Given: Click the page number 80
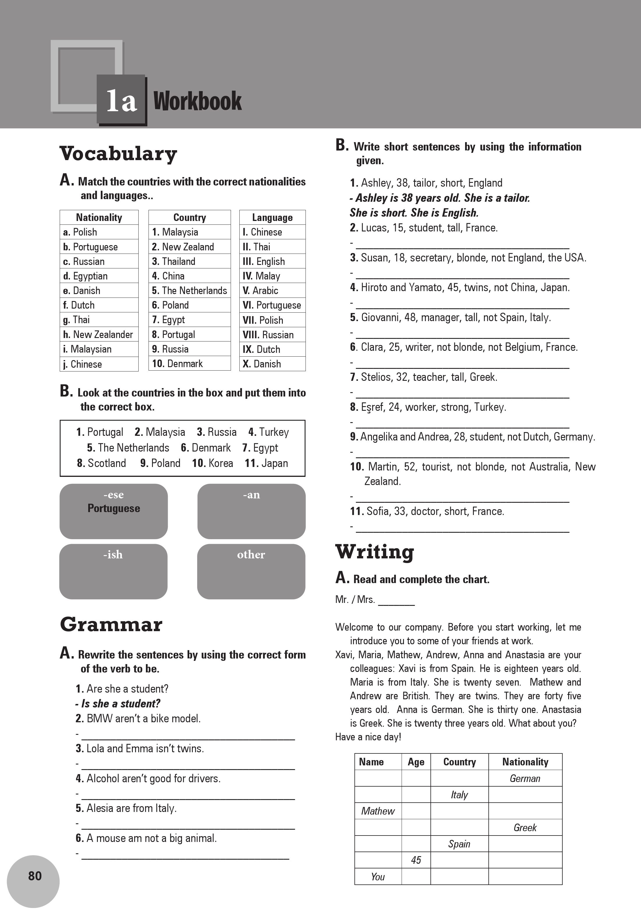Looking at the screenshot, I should [35, 875].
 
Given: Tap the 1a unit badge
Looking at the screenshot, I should [121, 100].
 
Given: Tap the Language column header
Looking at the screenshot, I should [272, 217].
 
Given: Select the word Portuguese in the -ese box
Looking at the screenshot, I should [114, 509].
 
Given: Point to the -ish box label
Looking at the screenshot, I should [113, 554].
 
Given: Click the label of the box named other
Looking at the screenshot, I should [251, 554].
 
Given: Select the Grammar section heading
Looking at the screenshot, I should [111, 624].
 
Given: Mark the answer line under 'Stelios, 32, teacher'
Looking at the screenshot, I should [462, 397].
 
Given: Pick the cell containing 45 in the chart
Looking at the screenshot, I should [416, 860].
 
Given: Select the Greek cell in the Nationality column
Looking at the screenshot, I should [525, 827].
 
